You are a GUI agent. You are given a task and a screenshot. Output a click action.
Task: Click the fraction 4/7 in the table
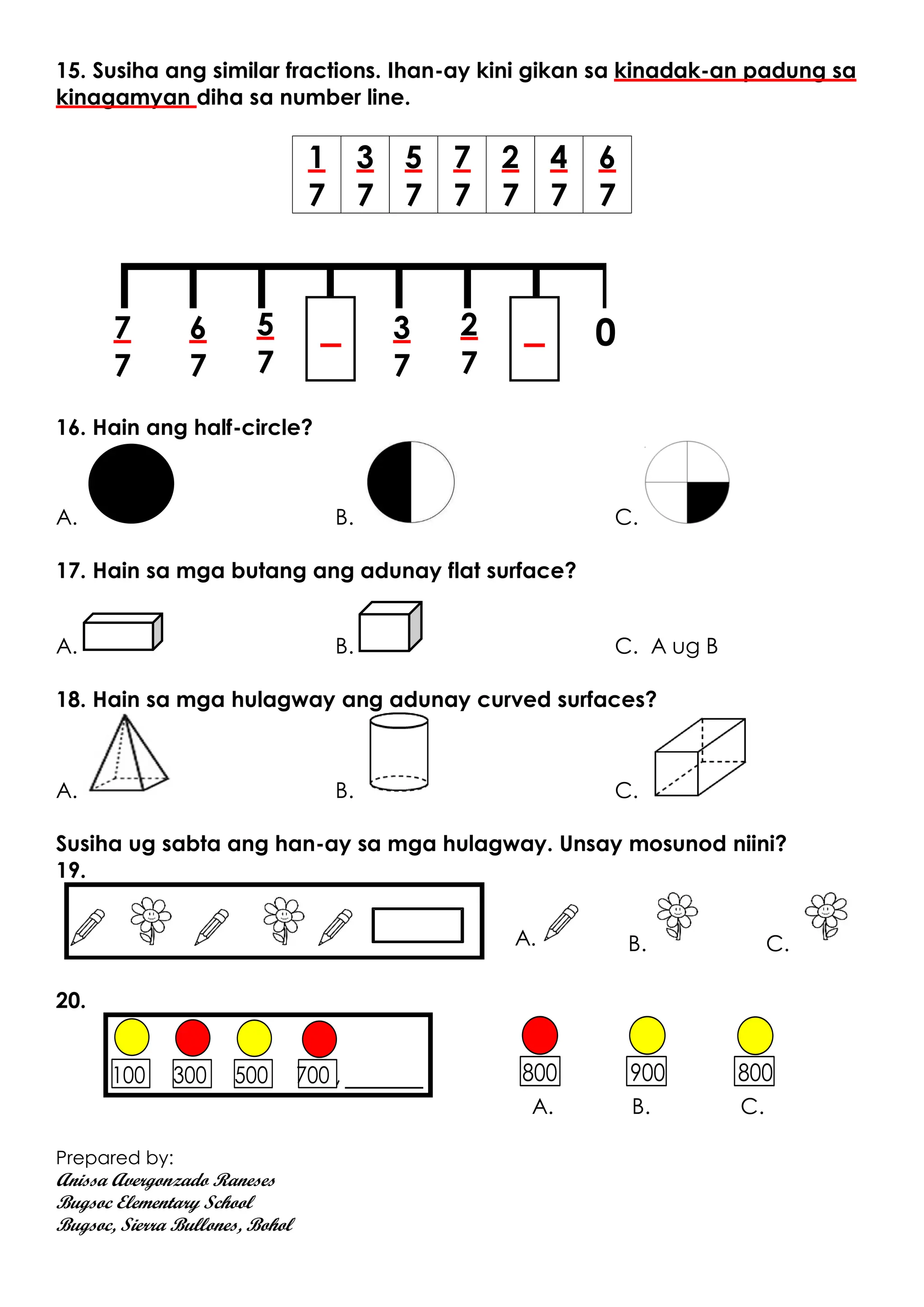tap(558, 175)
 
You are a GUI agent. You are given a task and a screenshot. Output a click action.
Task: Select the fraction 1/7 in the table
tap(316, 175)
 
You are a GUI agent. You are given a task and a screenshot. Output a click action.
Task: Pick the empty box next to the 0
tap(534, 339)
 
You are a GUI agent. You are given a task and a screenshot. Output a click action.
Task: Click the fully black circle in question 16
tap(131, 483)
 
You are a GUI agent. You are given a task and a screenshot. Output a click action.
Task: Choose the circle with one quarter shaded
tap(687, 482)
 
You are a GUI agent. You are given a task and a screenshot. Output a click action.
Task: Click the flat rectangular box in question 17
tap(123, 632)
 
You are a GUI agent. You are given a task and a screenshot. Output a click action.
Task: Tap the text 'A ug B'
tap(684, 647)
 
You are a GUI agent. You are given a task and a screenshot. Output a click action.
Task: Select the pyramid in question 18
tap(129, 754)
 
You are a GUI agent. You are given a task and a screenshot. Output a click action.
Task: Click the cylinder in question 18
tap(398, 753)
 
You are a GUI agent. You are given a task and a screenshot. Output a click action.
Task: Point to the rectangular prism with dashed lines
tap(699, 757)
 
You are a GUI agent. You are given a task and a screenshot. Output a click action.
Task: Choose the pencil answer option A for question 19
tap(560, 922)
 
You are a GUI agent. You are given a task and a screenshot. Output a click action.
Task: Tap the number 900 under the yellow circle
tap(647, 1073)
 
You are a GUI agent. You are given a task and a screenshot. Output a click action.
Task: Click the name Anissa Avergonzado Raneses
tap(166, 1181)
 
